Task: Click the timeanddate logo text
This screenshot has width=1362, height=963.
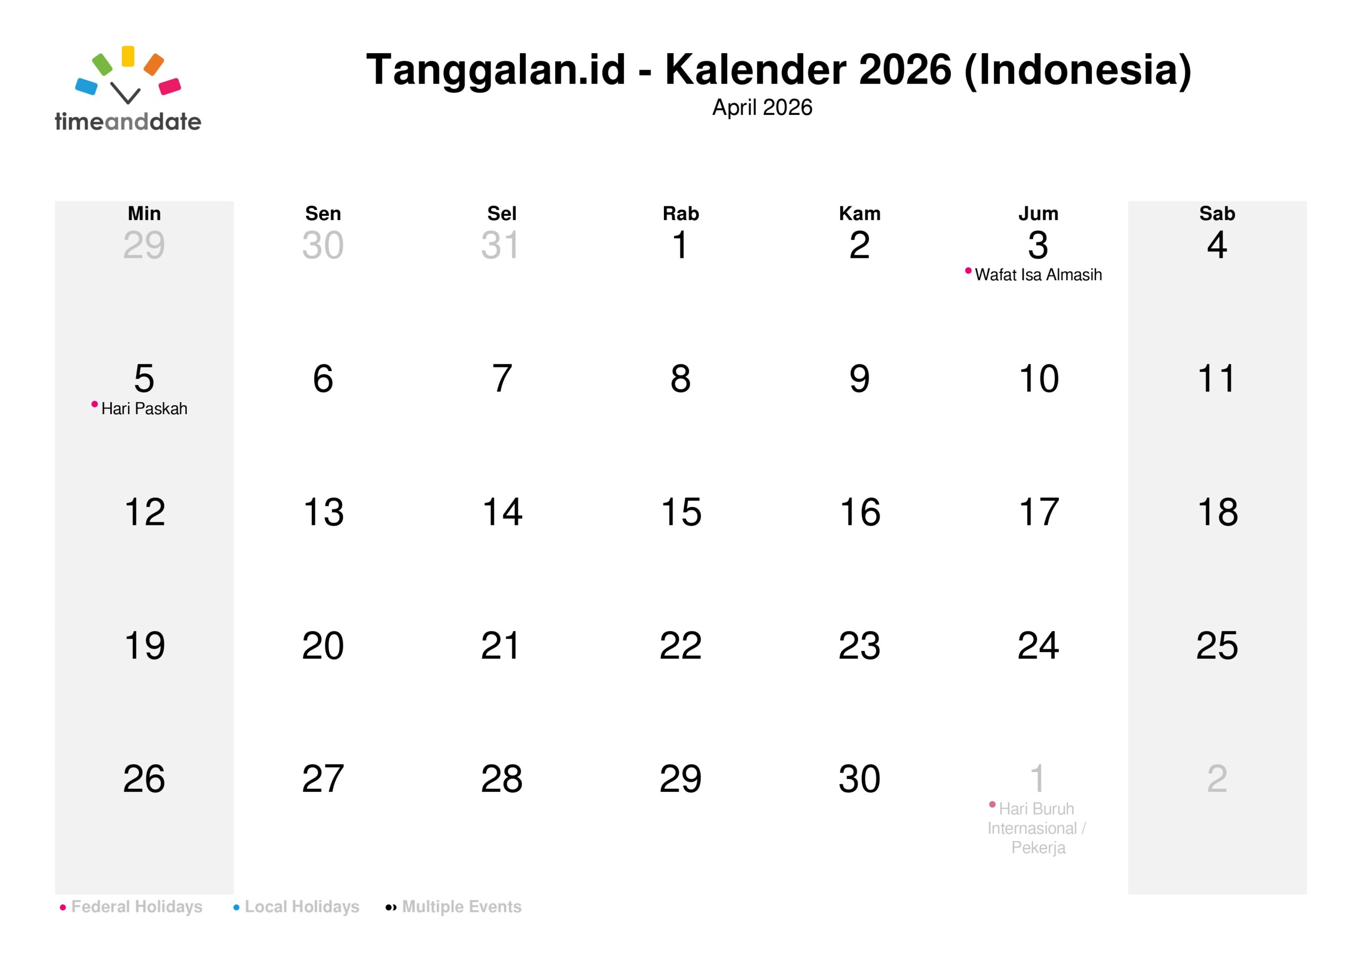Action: point(128,122)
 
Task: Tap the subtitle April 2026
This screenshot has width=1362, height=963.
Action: point(762,107)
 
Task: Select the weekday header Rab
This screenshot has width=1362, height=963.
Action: point(681,213)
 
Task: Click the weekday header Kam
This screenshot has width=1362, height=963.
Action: point(860,213)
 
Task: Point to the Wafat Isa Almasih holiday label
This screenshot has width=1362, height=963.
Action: point(1038,275)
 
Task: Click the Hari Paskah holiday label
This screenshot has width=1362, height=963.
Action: point(144,409)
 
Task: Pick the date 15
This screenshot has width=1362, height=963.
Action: point(681,512)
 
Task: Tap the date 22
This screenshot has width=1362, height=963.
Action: point(681,645)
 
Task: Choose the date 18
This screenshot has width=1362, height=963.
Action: point(1218,512)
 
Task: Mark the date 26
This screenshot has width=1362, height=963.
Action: point(144,778)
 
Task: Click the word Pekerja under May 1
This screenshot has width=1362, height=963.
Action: point(1038,848)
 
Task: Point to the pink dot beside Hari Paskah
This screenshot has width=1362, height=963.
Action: point(94,405)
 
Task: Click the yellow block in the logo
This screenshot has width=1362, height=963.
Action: point(128,56)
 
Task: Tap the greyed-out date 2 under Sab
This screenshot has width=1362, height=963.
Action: point(1217,778)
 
